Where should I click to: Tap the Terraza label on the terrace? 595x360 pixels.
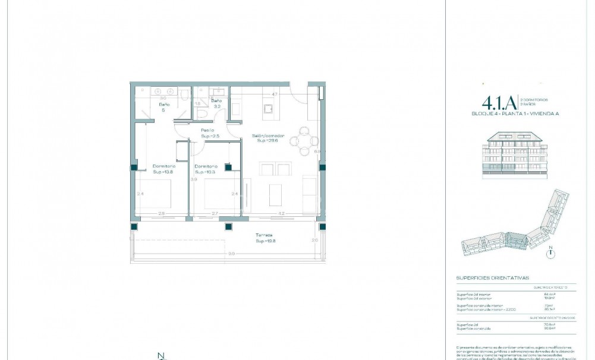click(x=264, y=235)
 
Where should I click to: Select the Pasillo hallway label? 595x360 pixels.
click(x=207, y=130)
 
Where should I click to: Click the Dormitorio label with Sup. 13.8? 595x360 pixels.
click(x=163, y=166)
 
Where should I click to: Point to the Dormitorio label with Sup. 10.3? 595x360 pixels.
click(x=206, y=166)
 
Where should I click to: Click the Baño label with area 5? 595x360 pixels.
click(x=164, y=104)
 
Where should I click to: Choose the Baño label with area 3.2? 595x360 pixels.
click(x=216, y=102)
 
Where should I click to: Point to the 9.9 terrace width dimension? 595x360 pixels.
click(x=231, y=254)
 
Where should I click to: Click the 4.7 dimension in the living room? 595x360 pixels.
click(x=275, y=94)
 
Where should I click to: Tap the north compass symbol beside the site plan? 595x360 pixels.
click(x=552, y=252)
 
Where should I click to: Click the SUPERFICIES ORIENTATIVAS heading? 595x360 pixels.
click(x=492, y=277)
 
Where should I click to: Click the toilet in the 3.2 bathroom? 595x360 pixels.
click(x=202, y=113)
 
